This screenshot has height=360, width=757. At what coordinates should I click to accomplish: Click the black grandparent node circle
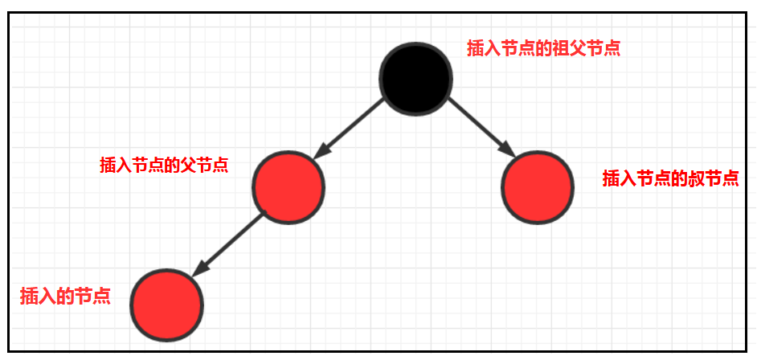pos(415,78)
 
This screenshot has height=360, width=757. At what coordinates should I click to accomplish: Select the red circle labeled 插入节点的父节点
pos(288,186)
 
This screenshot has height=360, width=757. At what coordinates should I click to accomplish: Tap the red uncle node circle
pos(537,187)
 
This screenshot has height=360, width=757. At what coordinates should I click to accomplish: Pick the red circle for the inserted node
pos(167,304)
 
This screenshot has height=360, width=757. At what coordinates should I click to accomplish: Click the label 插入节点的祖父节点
pos(543,47)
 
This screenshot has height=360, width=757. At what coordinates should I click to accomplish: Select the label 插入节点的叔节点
pos(670,178)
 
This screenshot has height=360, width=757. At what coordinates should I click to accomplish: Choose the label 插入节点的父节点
pos(163,166)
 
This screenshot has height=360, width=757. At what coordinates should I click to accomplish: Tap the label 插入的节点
pos(64,296)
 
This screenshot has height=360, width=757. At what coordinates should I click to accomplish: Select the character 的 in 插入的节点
pos(64,296)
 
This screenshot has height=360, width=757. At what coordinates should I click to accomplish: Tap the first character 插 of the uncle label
pos(611,178)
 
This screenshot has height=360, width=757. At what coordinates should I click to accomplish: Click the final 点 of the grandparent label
pos(612,47)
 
